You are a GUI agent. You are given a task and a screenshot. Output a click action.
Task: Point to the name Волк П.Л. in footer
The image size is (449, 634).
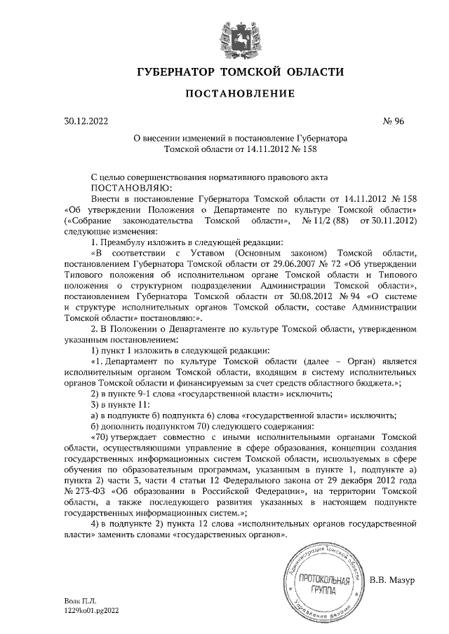(80, 601)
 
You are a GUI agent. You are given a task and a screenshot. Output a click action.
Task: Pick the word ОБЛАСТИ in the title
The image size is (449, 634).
(313, 72)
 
